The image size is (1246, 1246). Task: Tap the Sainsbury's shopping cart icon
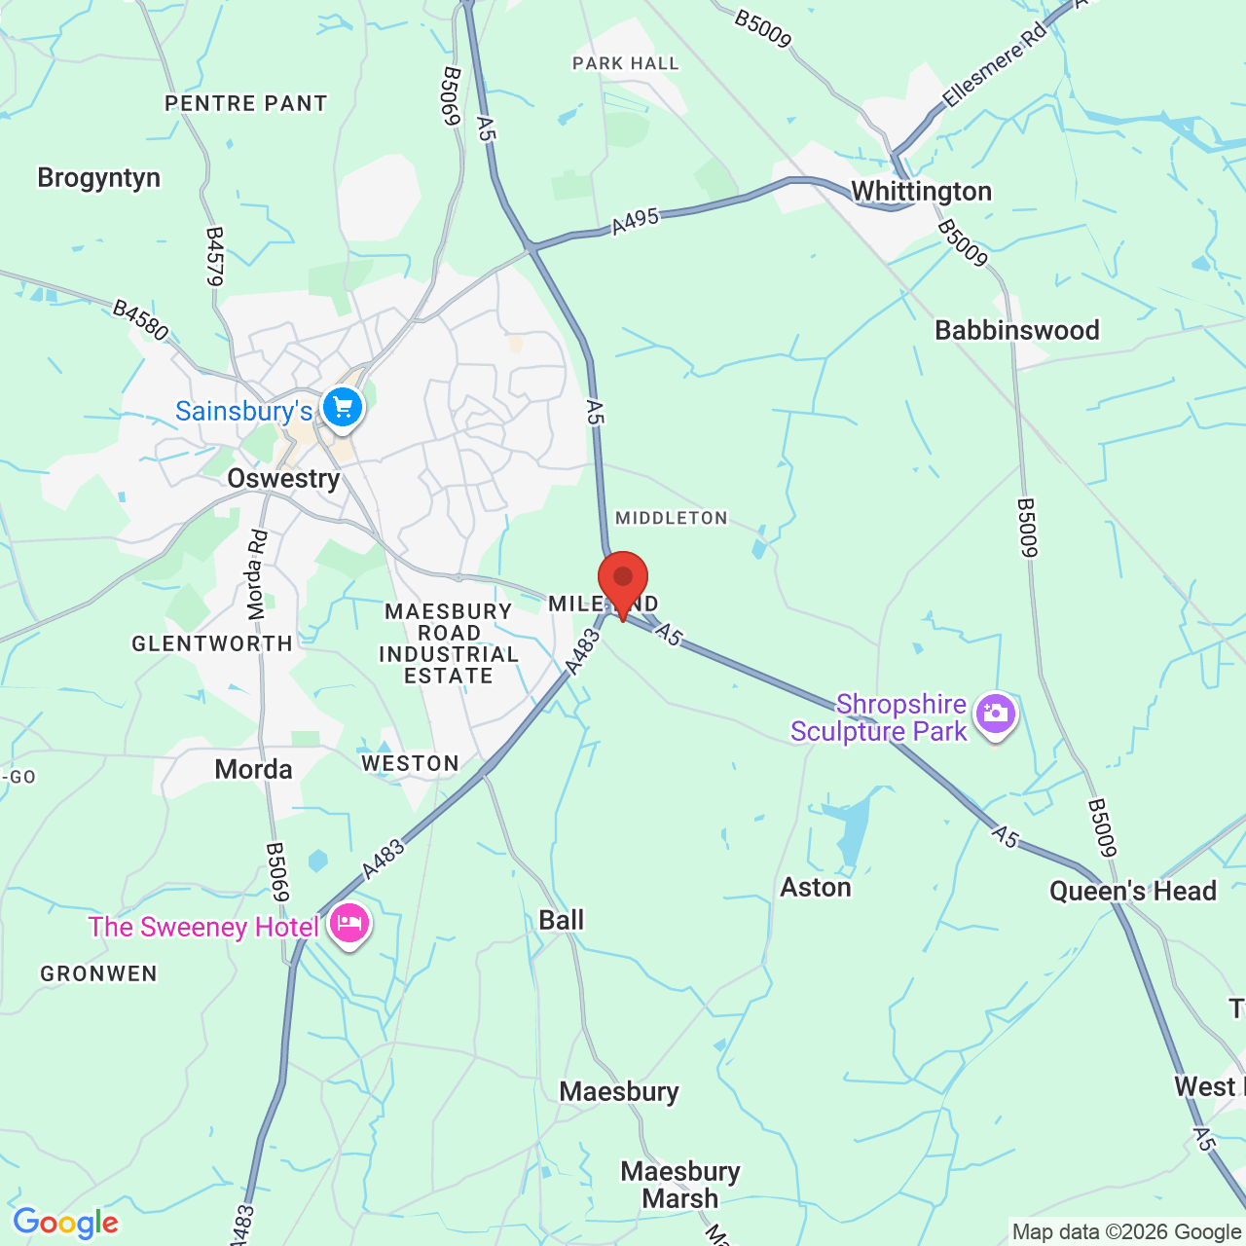click(343, 408)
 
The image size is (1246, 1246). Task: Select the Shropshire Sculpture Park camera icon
click(996, 715)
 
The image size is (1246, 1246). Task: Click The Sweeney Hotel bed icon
click(349, 923)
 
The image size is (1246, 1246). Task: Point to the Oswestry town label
click(283, 479)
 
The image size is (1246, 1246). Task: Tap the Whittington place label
click(921, 192)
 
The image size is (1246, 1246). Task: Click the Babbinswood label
click(1016, 331)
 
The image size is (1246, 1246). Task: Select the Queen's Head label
click(1132, 892)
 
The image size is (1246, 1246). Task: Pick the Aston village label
click(816, 888)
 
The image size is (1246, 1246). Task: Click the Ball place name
click(562, 921)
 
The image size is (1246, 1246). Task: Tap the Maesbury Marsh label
click(680, 1185)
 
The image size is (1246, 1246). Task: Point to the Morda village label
click(253, 770)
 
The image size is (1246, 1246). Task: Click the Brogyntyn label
click(98, 178)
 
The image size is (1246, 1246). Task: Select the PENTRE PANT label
click(245, 103)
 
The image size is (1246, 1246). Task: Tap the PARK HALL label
click(625, 64)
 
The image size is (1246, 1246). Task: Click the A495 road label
click(636, 222)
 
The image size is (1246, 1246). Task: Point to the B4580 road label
click(140, 320)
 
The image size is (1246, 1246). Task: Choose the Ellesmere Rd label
click(994, 64)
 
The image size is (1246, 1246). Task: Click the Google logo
click(65, 1223)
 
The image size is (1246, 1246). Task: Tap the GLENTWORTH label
click(212, 643)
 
